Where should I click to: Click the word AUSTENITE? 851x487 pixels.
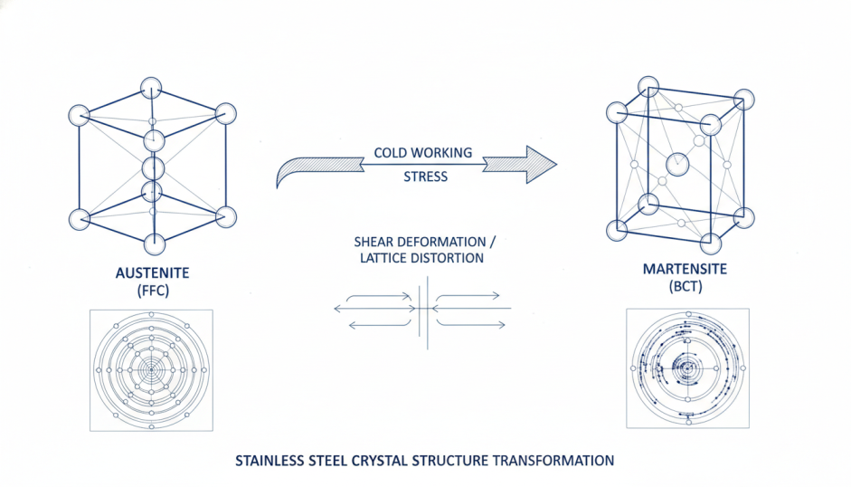152,272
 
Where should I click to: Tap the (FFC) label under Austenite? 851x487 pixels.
152,291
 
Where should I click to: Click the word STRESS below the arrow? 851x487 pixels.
425,177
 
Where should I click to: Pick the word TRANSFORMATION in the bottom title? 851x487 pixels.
554,460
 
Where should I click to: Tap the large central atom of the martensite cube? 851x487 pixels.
676,165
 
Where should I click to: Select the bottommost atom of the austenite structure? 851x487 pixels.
154,244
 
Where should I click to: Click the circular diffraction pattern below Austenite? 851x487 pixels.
152,369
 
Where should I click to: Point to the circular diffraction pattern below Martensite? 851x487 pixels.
687,368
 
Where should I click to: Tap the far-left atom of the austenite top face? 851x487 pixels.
80,115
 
